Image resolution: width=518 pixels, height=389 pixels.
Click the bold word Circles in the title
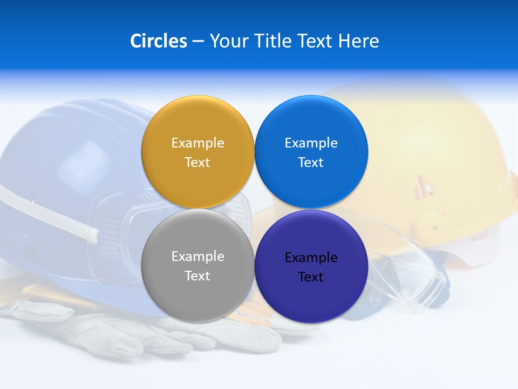pos(159,41)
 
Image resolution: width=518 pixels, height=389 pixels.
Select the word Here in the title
pos(359,41)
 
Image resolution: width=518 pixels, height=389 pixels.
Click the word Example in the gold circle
pos(197,143)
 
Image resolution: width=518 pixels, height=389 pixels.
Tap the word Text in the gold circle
pos(197,163)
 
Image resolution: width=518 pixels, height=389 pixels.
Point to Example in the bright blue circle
pos(311,143)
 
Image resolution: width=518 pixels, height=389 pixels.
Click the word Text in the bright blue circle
pos(311,163)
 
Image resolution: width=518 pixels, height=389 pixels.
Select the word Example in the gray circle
pos(197,257)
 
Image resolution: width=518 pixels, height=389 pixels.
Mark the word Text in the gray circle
pos(197,276)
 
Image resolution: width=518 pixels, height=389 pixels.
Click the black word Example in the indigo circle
pos(311,258)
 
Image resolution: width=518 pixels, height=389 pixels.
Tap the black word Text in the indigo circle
pos(311,277)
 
